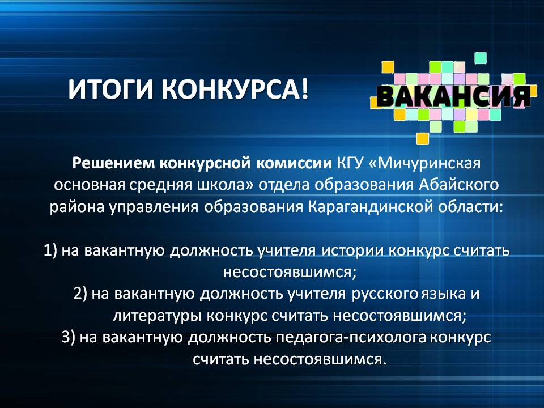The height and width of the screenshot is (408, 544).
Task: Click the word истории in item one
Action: pos(351,250)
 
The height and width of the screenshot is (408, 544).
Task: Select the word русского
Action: pos(385,294)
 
